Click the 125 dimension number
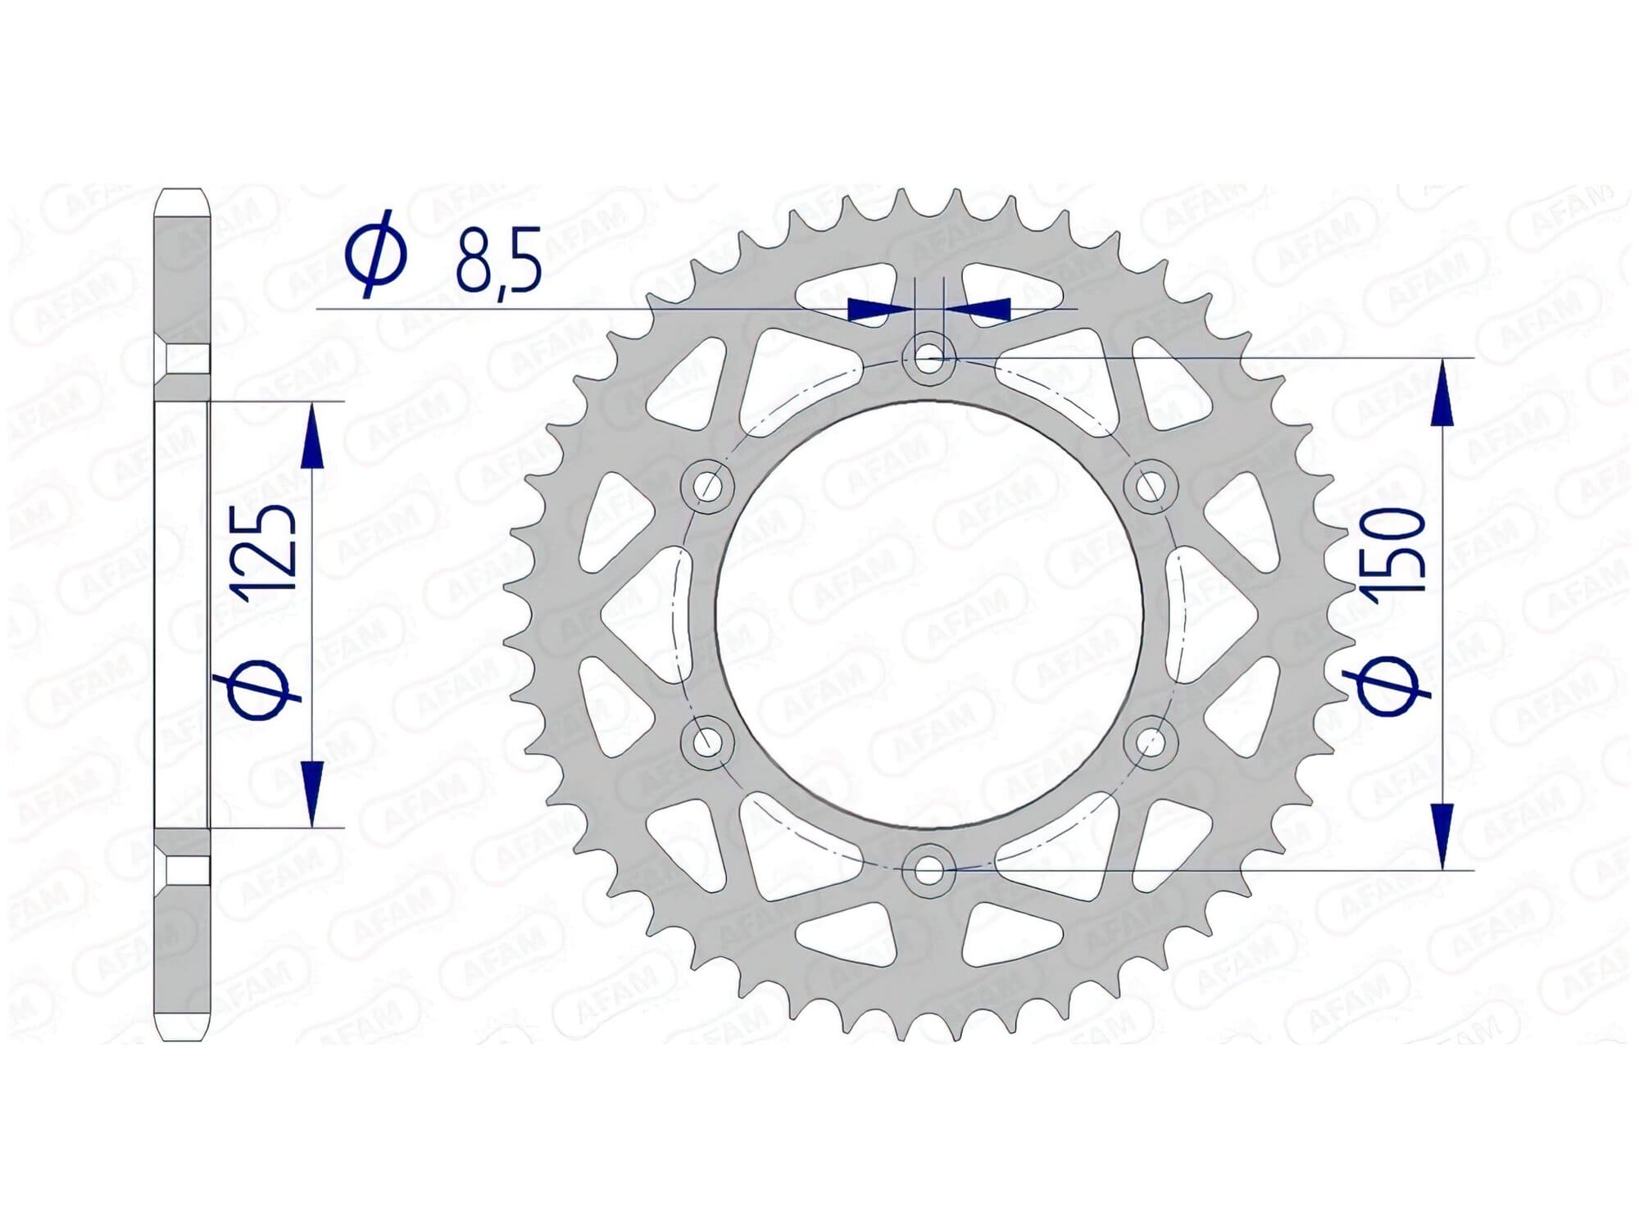point(266,551)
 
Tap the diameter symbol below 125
point(261,688)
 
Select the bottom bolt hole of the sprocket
point(928,870)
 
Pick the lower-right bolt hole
point(1151,742)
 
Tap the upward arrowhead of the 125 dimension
point(312,438)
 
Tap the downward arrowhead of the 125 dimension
point(312,791)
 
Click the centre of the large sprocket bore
point(928,614)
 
